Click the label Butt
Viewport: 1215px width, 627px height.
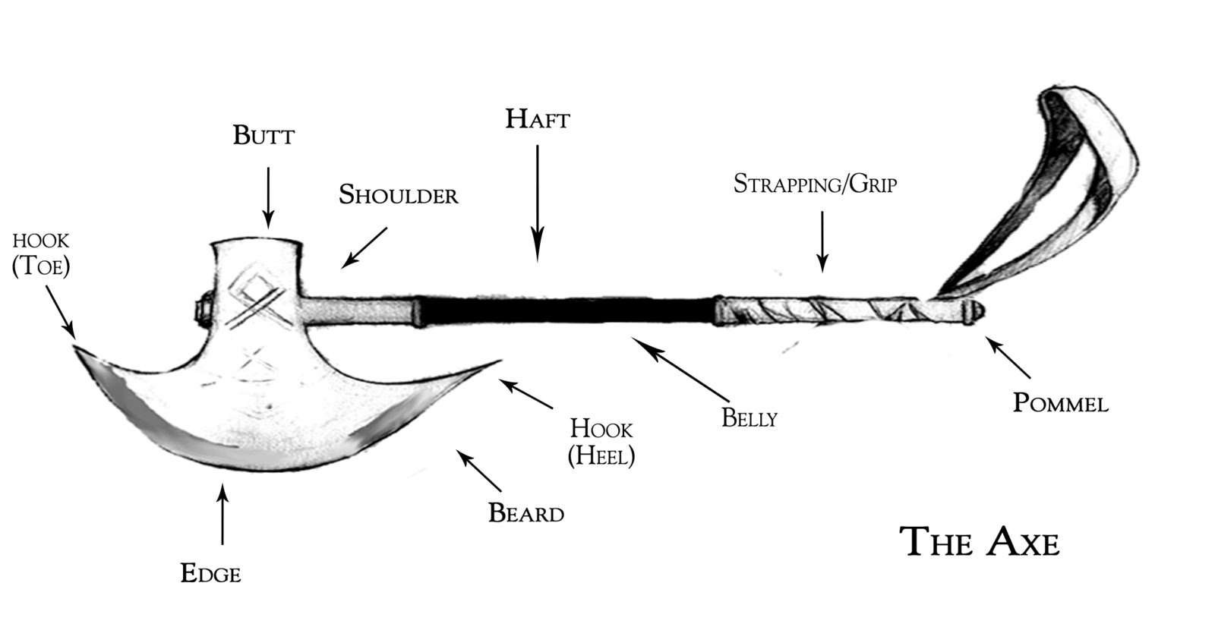(264, 136)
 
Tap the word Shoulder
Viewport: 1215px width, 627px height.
(398, 195)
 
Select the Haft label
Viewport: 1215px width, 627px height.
(537, 119)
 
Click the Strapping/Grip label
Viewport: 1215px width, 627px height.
(815, 184)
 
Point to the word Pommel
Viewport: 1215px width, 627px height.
(1060, 402)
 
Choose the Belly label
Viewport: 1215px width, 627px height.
(749, 418)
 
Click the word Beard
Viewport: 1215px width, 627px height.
(526, 513)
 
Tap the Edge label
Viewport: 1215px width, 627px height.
(210, 573)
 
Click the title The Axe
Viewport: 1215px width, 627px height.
(979, 542)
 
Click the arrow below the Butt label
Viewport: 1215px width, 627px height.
(267, 197)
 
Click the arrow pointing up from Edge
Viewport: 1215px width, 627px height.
(222, 515)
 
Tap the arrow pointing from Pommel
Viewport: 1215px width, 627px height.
(1008, 358)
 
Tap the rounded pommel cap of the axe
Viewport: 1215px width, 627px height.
(974, 310)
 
